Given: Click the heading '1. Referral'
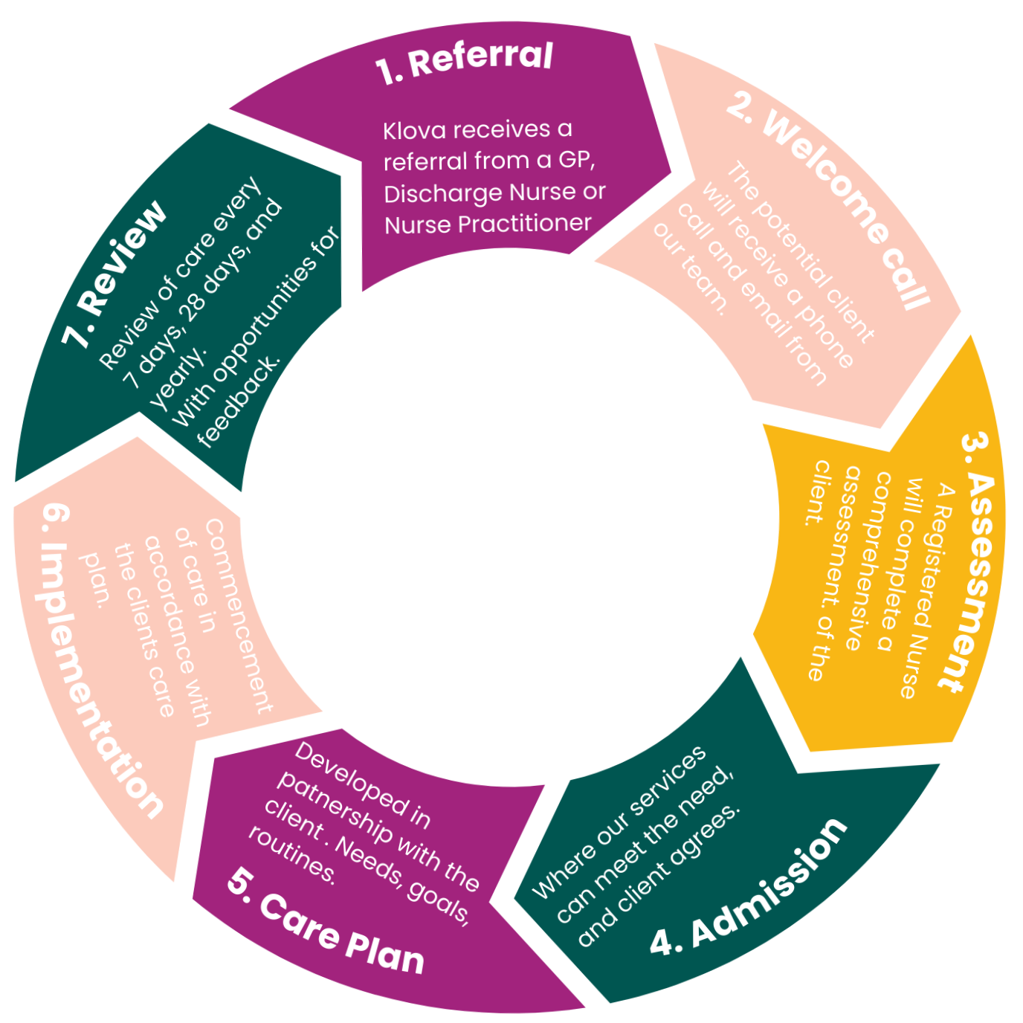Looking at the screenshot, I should coord(465,62).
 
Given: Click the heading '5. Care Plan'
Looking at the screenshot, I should coord(326,922).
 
